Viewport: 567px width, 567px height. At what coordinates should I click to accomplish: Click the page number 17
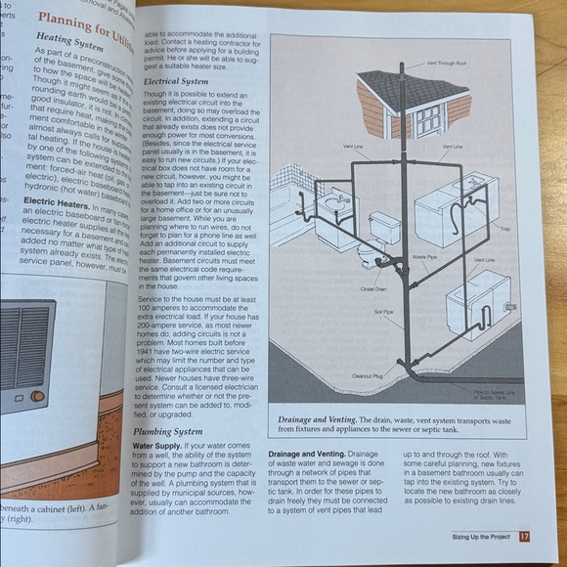pyautogui.click(x=525, y=536)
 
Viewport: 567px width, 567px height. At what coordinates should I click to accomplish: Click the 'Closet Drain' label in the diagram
pyautogui.click(x=374, y=289)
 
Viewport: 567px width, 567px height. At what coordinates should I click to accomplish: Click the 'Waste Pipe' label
pyautogui.click(x=423, y=256)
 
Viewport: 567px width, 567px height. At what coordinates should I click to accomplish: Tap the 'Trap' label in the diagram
pyautogui.click(x=504, y=228)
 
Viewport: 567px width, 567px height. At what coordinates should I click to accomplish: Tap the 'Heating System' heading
pyautogui.click(x=68, y=45)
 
